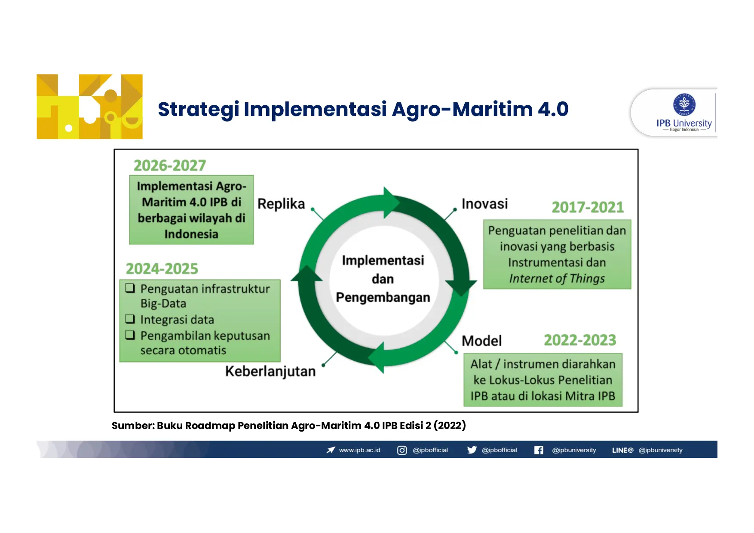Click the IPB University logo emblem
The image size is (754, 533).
coord(684,105)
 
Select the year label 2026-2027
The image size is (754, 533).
coord(170,165)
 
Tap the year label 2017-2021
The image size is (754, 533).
coord(588,207)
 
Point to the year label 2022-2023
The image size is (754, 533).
coord(580,340)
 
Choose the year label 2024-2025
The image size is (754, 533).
coord(162,269)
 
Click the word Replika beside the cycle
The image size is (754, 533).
coord(281,204)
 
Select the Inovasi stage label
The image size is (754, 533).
coord(484,204)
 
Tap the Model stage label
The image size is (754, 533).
coord(481,341)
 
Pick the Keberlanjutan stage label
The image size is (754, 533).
coord(270,371)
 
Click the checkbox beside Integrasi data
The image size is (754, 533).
coord(130,319)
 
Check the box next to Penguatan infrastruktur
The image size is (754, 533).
coord(130,288)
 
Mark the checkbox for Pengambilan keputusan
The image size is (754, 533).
coord(130,335)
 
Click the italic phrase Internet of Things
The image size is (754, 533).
coord(557,279)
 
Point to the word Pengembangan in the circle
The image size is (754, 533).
coord(383,298)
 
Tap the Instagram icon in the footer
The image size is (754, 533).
coord(402,450)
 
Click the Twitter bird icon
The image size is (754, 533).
coord(472,450)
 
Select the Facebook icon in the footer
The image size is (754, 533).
coord(539,450)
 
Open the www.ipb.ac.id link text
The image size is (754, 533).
coord(360,450)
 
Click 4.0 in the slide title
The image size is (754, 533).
coord(553,109)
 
